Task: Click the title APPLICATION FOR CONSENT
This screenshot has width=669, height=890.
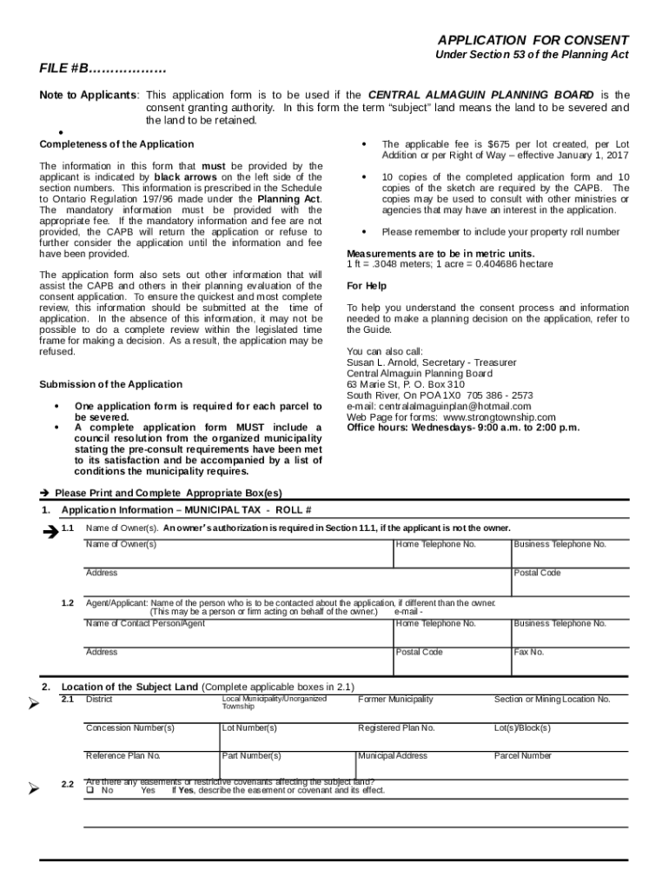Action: coord(533,41)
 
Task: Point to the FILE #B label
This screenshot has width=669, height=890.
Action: coord(103,69)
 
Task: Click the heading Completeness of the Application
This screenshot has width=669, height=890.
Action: coord(116,144)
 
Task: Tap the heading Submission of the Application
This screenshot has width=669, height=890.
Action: coord(111,384)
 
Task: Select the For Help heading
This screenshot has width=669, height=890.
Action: coord(367,286)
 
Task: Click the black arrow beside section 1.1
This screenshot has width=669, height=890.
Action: coord(49,531)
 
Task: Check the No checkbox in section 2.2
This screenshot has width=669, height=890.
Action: coord(89,790)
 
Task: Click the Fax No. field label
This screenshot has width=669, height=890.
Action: coord(529,652)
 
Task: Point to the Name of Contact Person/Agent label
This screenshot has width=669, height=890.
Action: coord(145,623)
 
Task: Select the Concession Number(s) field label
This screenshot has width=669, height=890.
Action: coord(129,727)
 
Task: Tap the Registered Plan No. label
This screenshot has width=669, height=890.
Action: coord(396,727)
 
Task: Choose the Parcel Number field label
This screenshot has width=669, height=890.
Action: coord(522,755)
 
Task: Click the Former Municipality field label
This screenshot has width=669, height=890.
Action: coord(395,700)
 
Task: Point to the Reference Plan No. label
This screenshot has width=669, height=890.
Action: coord(123,755)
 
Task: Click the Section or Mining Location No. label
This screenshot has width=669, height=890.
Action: coord(552,700)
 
